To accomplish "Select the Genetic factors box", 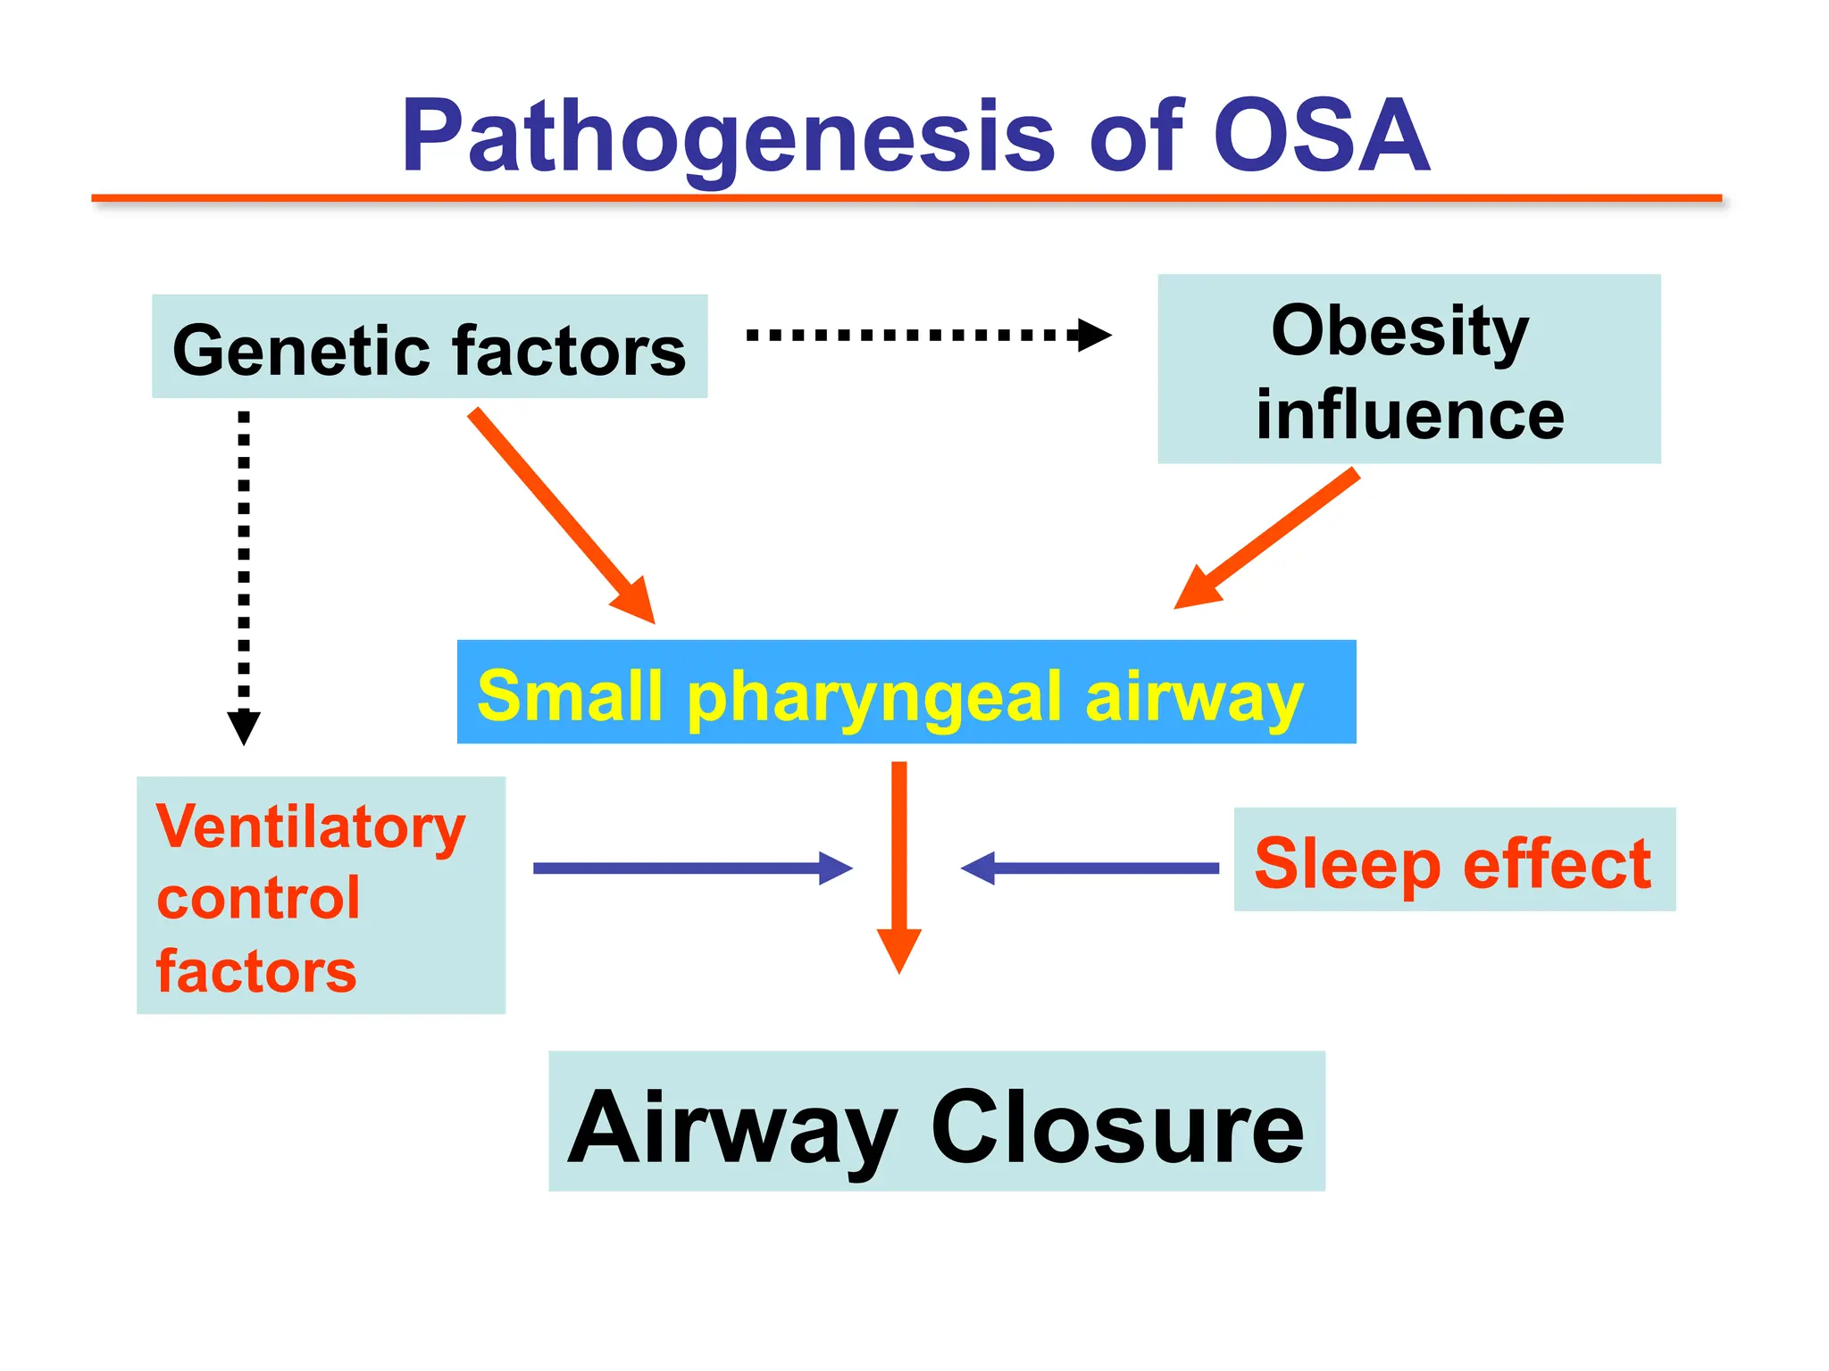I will [x=430, y=347].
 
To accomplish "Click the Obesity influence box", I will [x=1408, y=369].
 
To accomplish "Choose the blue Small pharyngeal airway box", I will [x=906, y=693].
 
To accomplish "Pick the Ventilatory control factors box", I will [x=321, y=895].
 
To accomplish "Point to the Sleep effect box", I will [x=1454, y=860].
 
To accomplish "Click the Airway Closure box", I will [x=936, y=1122].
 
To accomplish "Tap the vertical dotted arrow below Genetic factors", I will [x=244, y=571].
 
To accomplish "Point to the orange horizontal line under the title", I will [x=906, y=198].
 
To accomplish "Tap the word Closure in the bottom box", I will [x=1117, y=1126].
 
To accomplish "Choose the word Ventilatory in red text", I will [x=311, y=827].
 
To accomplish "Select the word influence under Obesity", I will [x=1409, y=415].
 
